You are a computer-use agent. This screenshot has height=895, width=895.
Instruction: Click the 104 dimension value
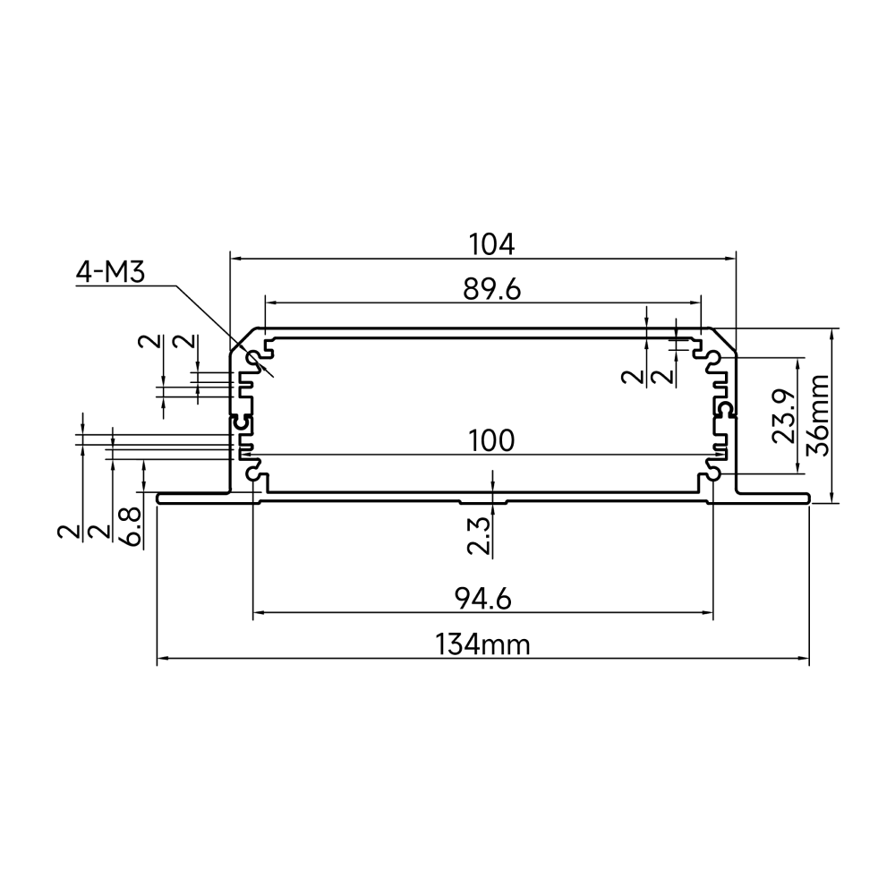[491, 244]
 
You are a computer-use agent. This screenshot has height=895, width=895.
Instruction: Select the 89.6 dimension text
[491, 290]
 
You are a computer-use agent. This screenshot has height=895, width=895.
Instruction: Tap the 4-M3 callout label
[111, 273]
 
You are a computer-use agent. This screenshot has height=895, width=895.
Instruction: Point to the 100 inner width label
[491, 440]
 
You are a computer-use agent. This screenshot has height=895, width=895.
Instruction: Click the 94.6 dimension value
[483, 599]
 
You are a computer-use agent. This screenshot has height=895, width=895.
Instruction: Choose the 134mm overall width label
[483, 645]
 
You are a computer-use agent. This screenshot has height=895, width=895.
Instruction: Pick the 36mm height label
[819, 415]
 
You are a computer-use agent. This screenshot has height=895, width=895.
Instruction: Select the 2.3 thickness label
[478, 536]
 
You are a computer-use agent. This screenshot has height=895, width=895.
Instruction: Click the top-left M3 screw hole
[253, 359]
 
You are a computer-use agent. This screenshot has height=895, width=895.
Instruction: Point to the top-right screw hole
[712, 359]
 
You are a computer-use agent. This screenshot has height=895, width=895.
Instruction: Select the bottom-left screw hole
[253, 473]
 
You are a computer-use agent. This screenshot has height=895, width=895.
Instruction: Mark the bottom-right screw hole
[712, 473]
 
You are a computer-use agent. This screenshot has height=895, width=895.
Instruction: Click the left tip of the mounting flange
[158, 499]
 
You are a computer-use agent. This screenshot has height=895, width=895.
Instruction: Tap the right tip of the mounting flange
[809, 499]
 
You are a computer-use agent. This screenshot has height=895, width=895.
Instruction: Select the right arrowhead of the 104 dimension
[730, 259]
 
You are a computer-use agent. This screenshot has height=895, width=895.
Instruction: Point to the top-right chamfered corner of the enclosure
[723, 341]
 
